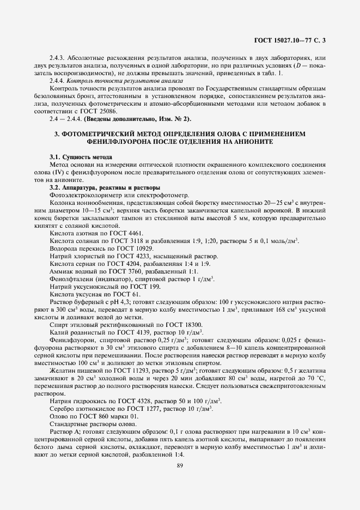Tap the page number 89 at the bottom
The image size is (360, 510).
pyautogui.click(x=180, y=465)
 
